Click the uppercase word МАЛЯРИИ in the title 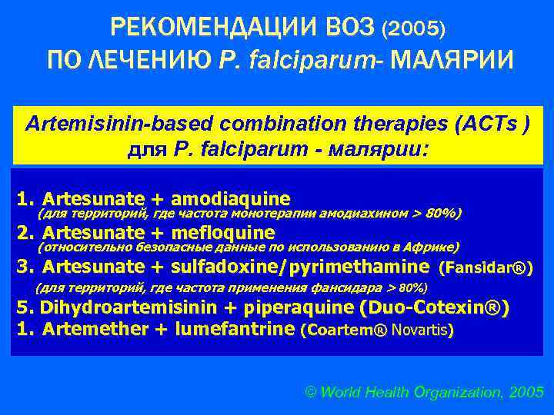point(451,59)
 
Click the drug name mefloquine point(224,232)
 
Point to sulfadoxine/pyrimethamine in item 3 point(301,267)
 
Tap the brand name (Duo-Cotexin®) point(434,308)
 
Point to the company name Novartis point(421,330)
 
